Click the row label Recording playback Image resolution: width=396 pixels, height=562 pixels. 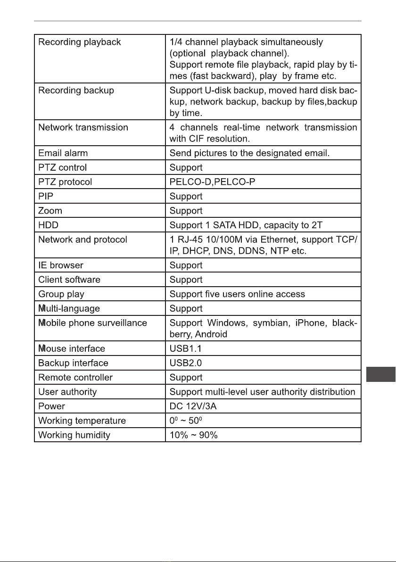(79, 42)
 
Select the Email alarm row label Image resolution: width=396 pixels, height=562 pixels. (63, 153)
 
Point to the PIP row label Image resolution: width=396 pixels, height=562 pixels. (45, 196)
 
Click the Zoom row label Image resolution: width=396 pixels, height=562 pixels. (50, 210)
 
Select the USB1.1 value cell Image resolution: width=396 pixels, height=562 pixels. (186, 348)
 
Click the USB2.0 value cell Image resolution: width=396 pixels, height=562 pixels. (186, 363)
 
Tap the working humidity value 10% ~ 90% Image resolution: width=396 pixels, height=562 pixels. (193, 435)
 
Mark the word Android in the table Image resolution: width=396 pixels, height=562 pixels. (212, 334)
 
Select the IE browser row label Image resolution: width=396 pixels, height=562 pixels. (60, 265)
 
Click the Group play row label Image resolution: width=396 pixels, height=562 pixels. (61, 294)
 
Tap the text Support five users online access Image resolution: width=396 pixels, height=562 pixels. (237, 294)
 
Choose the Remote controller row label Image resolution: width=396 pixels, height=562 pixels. (75, 377)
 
